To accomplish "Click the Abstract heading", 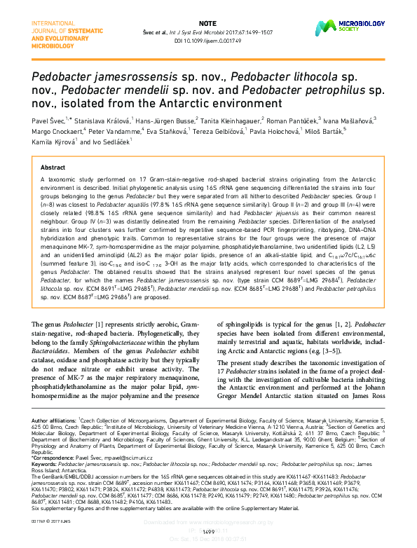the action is [x=53, y=169].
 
